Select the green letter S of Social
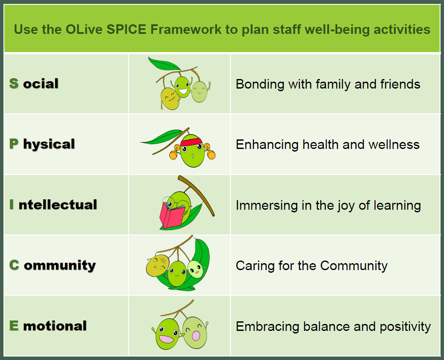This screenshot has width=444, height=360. (x=14, y=83)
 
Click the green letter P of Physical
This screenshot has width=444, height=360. (x=14, y=144)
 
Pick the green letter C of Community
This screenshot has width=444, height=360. (x=14, y=265)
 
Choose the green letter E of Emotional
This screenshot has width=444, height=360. (x=14, y=326)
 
